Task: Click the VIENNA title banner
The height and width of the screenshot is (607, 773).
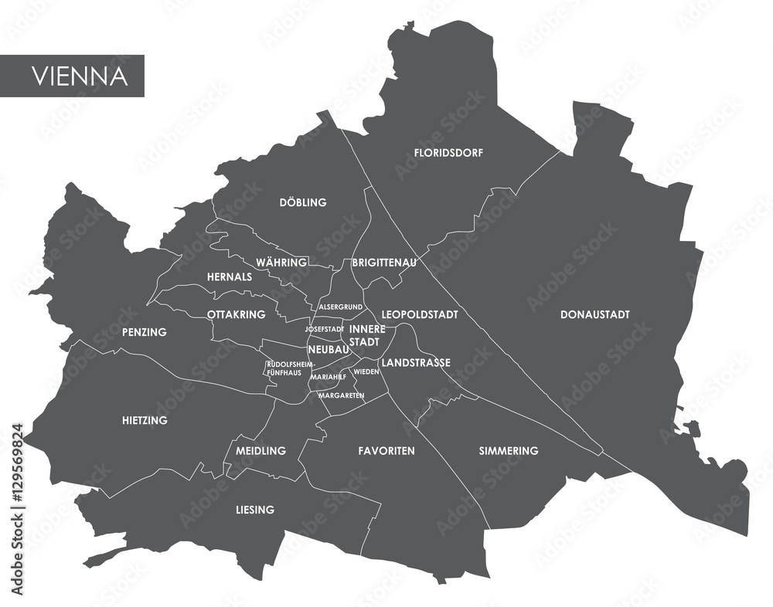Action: point(72,76)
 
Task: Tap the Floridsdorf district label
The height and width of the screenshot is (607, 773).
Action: point(448,153)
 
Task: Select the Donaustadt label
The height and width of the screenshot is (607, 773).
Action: point(594,314)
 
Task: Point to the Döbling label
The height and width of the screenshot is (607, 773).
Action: point(302,202)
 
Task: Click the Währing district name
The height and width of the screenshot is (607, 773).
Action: point(281,263)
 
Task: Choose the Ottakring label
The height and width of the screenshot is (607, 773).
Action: point(236,314)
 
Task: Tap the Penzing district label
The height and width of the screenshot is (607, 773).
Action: point(144,332)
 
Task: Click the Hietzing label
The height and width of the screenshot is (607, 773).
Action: point(145,420)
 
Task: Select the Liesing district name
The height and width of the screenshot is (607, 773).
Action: point(254,510)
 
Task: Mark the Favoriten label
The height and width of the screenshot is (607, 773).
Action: point(386,450)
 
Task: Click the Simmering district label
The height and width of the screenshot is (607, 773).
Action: point(508,450)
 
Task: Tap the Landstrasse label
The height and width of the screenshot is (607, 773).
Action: point(416,362)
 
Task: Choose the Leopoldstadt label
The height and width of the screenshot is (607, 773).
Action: point(420,314)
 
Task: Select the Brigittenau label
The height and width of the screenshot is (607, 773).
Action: point(384,263)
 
